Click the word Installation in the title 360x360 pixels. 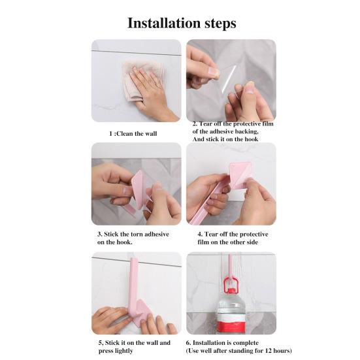(163, 24)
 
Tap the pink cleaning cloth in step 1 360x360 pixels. (137, 79)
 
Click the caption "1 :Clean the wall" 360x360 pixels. (133, 133)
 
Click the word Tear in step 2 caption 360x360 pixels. (208, 123)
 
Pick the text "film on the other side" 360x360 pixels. (233, 242)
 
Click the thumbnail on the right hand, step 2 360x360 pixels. (249, 88)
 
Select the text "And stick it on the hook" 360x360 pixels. (225, 139)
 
